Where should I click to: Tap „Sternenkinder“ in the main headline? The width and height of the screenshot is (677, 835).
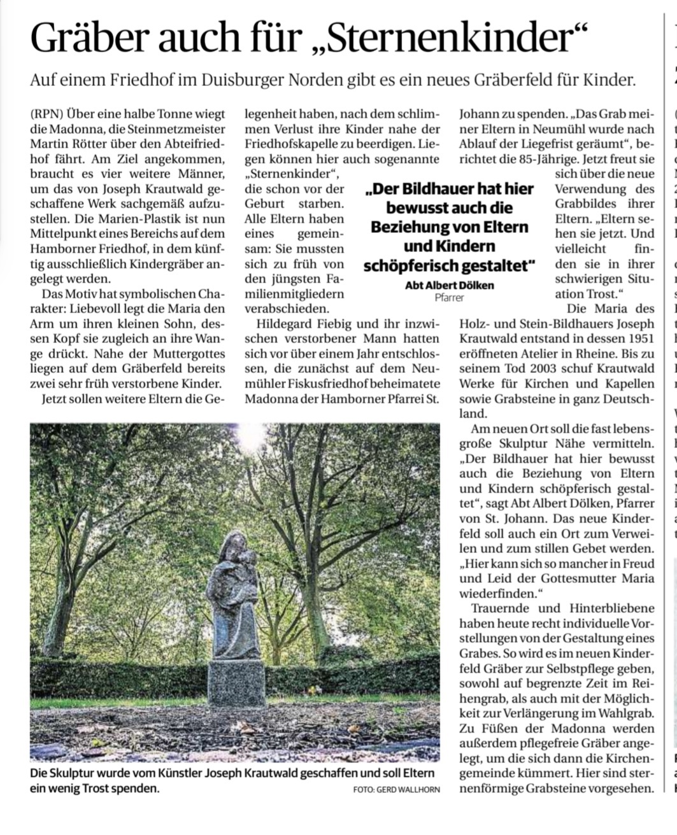[446, 38]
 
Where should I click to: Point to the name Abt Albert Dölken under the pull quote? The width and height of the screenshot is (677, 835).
[449, 285]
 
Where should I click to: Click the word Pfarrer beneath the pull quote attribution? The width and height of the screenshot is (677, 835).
[449, 297]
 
